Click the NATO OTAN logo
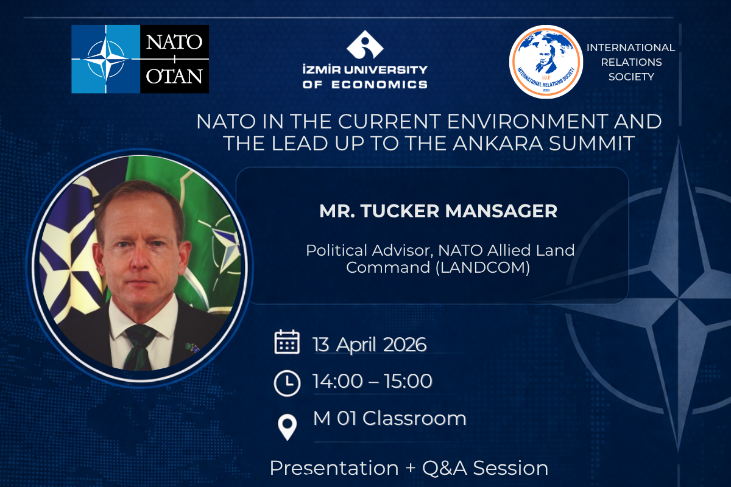click(140, 59)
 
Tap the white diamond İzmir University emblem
click(365, 44)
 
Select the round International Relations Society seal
click(546, 61)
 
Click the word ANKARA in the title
click(498, 144)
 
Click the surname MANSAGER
click(501, 211)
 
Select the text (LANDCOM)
click(482, 267)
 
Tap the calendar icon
click(287, 342)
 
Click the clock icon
click(287, 384)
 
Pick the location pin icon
click(287, 427)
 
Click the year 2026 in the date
click(404, 345)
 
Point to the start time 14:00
click(337, 381)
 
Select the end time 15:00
click(408, 381)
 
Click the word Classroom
click(414, 418)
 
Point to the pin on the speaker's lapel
click(192, 348)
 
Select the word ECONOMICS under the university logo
click(380, 85)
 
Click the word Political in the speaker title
click(337, 251)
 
